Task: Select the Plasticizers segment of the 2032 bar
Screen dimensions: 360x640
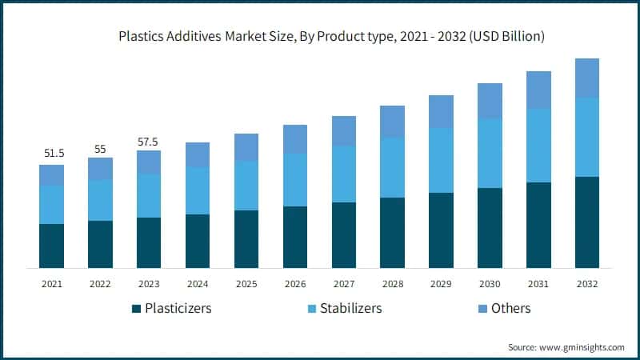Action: (x=587, y=222)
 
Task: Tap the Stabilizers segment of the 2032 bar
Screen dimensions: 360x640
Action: (x=587, y=137)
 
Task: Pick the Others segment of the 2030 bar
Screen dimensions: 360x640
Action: (x=490, y=101)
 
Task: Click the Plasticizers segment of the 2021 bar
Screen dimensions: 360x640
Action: (x=52, y=246)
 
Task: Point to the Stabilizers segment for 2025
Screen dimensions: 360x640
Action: (x=246, y=186)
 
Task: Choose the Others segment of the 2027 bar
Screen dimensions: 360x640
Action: (x=344, y=131)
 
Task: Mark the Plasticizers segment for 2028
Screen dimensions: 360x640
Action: (x=392, y=232)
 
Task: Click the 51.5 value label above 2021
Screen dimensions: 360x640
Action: (x=52, y=152)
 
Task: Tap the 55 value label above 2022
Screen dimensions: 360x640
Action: (x=100, y=149)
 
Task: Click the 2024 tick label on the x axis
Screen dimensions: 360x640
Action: (x=198, y=283)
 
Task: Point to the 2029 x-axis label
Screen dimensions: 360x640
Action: (x=441, y=283)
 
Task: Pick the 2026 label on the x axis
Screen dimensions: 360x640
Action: (x=295, y=283)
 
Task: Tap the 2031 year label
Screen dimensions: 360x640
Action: (x=538, y=283)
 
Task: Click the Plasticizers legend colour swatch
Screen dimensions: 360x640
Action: (x=136, y=309)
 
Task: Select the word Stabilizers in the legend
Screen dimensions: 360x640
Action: (x=350, y=308)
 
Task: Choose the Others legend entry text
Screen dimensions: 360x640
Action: (x=511, y=308)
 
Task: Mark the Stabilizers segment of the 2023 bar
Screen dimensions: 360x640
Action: (x=149, y=196)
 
